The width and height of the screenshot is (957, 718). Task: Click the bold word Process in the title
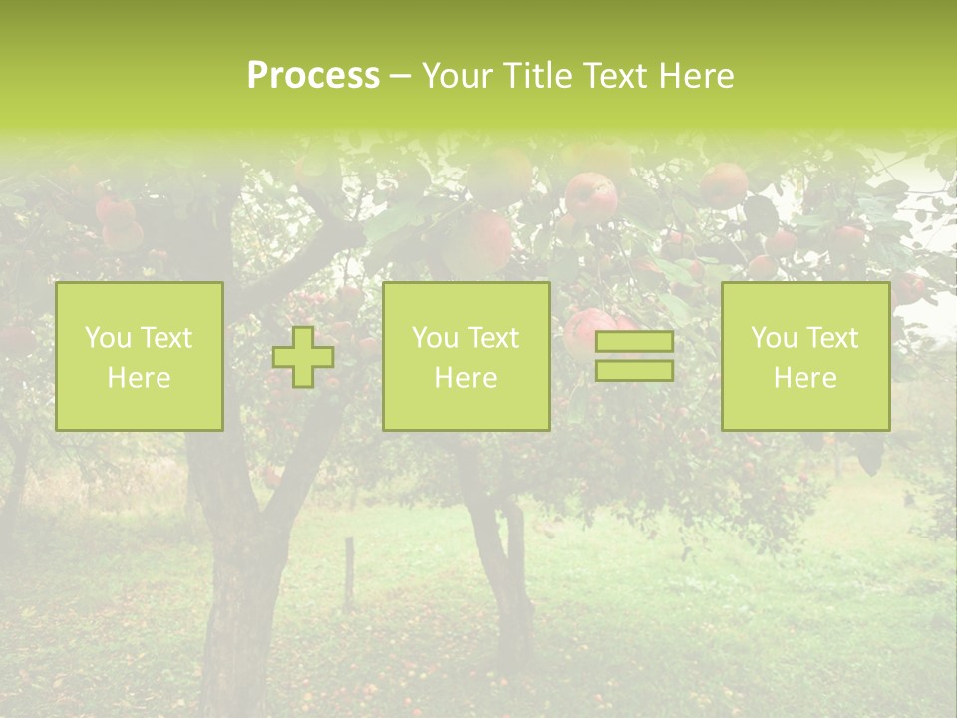pos(313,76)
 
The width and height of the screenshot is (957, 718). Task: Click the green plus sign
pos(303,357)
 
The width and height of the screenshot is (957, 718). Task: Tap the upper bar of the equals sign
pos(634,342)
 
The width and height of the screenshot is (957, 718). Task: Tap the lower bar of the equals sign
pos(634,371)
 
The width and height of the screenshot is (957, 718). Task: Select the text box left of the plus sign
pos(139,357)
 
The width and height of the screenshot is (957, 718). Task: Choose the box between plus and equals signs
pos(466,357)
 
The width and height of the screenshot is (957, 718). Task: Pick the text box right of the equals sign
pos(804,357)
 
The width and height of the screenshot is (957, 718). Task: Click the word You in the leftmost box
pos(107,338)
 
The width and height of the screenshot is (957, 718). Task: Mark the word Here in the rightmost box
pos(804,378)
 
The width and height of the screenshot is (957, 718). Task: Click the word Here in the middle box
pos(466,378)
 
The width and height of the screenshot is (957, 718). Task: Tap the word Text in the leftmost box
pos(166,338)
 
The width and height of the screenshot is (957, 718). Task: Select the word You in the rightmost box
pos(773,338)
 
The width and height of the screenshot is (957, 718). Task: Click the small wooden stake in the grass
pos(349,573)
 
